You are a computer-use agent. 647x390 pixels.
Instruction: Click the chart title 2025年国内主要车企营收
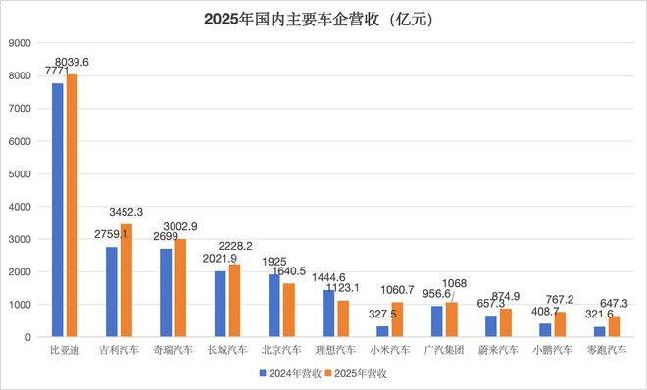(323, 19)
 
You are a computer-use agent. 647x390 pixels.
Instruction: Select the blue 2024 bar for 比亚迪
(58, 211)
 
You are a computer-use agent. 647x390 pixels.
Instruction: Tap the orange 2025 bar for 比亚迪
(72, 206)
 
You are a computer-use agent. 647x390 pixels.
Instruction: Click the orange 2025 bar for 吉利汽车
(125, 280)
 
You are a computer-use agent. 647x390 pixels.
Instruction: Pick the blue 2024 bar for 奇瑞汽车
(167, 293)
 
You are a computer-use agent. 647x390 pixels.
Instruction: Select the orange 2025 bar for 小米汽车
(397, 319)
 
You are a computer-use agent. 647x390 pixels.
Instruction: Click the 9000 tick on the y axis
(20, 42)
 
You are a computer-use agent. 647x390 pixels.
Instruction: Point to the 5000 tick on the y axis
(20, 173)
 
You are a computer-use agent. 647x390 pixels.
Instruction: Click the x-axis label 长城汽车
(226, 349)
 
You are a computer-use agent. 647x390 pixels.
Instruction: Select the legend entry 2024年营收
(290, 373)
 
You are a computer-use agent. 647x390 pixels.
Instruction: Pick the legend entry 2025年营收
(358, 373)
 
